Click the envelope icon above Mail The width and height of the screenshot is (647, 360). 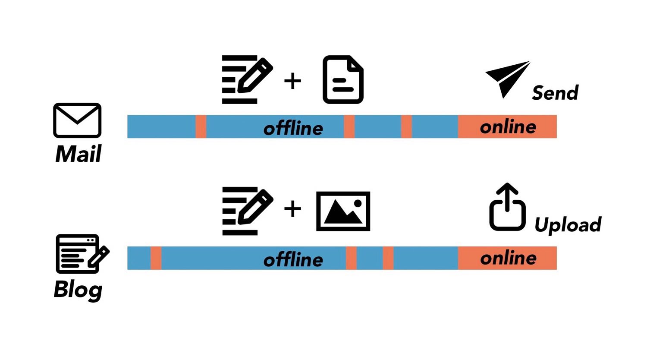77,120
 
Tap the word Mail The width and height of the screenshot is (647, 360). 78,154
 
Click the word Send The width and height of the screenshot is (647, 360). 555,93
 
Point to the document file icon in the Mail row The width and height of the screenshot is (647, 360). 343,79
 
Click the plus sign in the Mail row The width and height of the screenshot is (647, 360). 292,81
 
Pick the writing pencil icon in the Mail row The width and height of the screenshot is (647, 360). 247,79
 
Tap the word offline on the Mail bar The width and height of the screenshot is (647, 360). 293,128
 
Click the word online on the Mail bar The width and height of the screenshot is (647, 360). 508,127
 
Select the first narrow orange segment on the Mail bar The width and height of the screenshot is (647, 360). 201,126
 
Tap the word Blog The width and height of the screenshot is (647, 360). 78,289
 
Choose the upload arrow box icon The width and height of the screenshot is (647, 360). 507,208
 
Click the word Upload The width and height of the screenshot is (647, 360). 568,225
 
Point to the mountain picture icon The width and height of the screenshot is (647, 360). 343,211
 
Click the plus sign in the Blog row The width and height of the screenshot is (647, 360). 292,209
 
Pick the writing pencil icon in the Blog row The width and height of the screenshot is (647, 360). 247,211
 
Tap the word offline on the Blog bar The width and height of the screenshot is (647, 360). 293,260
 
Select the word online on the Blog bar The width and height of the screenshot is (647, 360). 508,258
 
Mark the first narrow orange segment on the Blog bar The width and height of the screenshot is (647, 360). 156,258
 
